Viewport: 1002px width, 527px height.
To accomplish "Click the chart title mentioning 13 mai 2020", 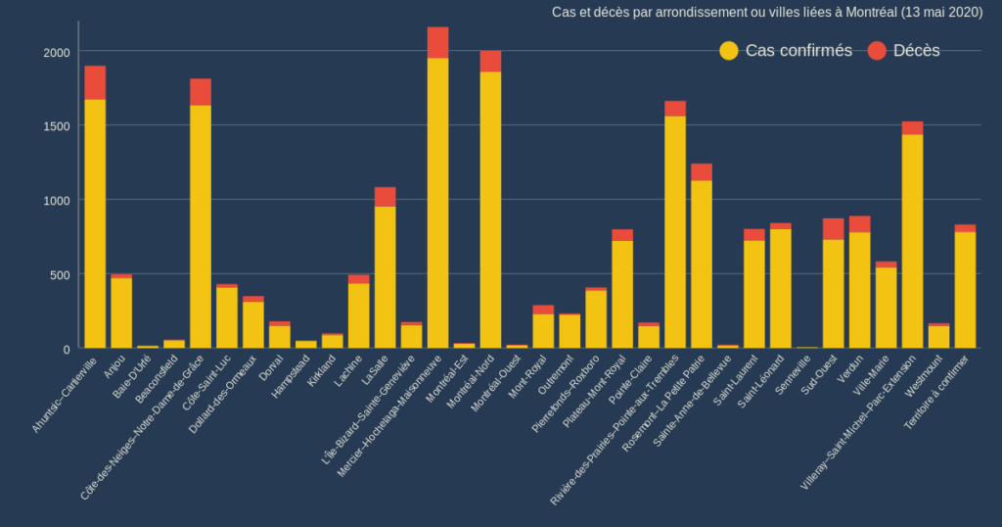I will click(766, 12).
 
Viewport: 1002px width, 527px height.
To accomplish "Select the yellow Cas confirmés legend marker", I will click(729, 50).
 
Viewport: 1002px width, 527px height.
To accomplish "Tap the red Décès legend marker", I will click(877, 50).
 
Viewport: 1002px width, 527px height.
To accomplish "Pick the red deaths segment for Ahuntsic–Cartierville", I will click(95, 82).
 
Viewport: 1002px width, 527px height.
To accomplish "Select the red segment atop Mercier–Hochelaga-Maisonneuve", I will click(437, 42).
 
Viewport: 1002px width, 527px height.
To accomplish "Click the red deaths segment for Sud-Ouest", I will click(833, 228).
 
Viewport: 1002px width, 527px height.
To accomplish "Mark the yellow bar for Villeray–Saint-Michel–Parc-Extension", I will click(912, 241).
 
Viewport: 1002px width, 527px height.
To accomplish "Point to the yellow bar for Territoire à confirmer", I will click(965, 290).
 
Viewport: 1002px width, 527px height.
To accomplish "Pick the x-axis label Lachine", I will click(349, 369).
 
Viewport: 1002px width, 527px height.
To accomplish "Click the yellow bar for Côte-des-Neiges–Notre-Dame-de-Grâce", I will click(201, 226).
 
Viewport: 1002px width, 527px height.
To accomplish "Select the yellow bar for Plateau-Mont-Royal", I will click(622, 294).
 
